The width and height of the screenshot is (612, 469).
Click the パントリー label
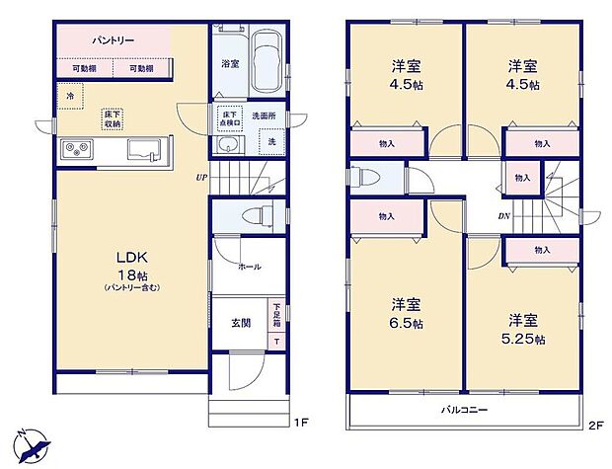coord(114,40)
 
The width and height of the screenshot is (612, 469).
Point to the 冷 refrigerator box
coord(69,96)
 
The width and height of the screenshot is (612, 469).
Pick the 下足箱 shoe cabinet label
coord(276,316)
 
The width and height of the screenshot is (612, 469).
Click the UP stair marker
coord(201,178)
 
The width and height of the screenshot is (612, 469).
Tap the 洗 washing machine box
coord(272,143)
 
